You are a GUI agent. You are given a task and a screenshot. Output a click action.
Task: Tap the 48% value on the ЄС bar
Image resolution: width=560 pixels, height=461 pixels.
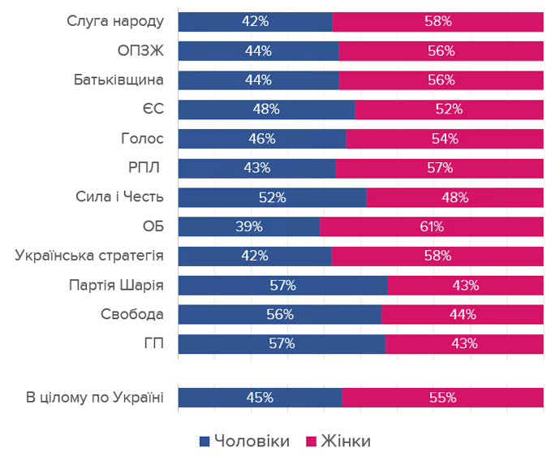pos(265,110)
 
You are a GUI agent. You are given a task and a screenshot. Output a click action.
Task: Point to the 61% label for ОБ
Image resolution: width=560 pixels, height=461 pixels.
pos(431,226)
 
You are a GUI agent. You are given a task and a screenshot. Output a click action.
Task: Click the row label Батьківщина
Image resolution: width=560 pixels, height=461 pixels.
pos(118,80)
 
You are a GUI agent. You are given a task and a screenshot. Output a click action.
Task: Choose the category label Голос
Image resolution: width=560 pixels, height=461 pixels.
pos(142,139)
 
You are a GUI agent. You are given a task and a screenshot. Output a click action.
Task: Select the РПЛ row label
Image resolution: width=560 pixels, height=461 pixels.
pos(145,168)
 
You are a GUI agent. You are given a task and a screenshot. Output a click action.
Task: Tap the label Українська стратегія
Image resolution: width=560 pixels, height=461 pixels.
pos(89,256)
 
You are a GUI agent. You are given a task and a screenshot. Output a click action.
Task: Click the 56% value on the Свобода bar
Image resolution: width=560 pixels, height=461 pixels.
pos(279,314)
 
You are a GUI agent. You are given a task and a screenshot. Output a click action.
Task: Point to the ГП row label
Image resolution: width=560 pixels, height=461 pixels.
pos(153,343)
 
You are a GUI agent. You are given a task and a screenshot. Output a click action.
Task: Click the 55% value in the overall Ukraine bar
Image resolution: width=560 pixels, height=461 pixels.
pos(442,398)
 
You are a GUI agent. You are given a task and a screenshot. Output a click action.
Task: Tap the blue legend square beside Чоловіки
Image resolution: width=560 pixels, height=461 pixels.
pos(205,441)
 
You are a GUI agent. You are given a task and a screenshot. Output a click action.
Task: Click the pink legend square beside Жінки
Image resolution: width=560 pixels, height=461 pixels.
pos(311,441)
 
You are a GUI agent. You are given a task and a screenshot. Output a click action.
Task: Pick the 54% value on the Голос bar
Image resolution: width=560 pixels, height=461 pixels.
pos(445,139)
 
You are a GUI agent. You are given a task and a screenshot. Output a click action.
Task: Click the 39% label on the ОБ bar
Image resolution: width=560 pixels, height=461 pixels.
pos(248,226)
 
